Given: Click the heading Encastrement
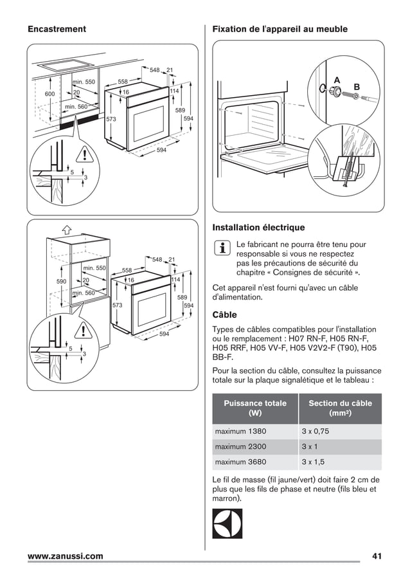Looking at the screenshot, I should coord(57,29).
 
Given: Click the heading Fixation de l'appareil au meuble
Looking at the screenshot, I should coord(275,29).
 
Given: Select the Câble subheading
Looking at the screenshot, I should coord(224,315).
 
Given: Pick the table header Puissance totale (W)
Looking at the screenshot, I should coord(255,408).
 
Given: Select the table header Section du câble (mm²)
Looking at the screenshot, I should coord(340,408).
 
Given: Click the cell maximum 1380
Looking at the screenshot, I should coord(240,431).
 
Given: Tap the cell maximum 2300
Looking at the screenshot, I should coord(240,446).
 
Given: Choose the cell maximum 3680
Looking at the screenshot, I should coord(240,462).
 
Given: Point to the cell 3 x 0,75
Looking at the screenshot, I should coord(315,431).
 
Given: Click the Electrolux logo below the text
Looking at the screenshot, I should coord(227,523).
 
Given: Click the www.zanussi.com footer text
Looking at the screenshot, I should coord(64,556).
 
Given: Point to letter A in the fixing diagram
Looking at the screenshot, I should coord(337,80).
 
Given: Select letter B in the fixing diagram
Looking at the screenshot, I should coord(357,86).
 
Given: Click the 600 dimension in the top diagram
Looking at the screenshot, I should coord(49,95).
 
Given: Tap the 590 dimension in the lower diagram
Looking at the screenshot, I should coord(62,282).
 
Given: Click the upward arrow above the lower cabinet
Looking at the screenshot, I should coord(66,229).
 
